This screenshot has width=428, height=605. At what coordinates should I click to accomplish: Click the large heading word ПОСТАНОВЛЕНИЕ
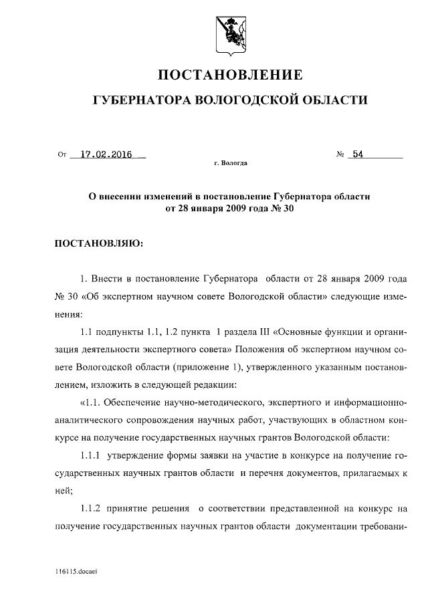click(230, 74)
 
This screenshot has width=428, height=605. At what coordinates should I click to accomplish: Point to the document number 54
click(358, 154)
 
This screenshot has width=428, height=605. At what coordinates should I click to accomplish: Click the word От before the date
click(62, 155)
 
